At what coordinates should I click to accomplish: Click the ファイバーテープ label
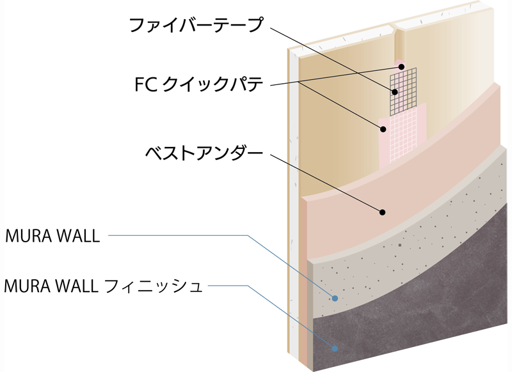tap(196, 26)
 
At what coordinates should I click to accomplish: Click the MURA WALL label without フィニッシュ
tap(52, 236)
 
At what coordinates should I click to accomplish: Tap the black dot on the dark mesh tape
tap(395, 92)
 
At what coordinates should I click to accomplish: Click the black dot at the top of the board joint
tap(401, 66)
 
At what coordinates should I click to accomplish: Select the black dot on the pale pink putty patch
tap(384, 129)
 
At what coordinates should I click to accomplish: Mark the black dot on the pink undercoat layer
tap(383, 212)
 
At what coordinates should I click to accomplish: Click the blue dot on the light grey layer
tap(334, 298)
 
